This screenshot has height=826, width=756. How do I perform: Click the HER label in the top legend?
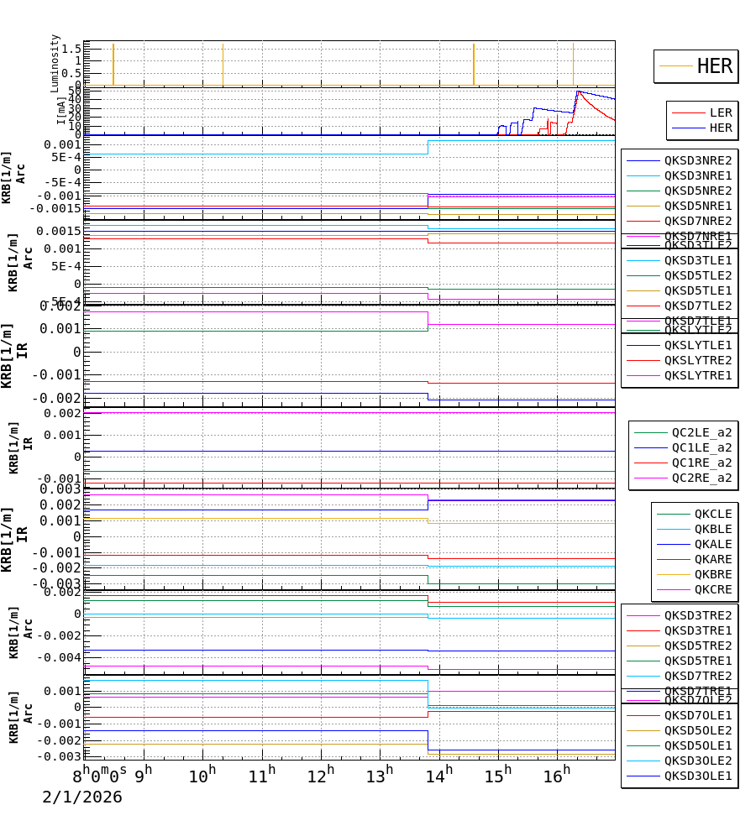[714, 66]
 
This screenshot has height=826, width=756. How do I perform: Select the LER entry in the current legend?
[720, 112]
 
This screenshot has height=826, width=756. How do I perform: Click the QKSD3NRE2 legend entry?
[697, 160]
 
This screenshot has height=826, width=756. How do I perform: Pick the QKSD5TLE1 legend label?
[697, 290]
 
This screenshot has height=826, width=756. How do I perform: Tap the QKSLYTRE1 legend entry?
[697, 375]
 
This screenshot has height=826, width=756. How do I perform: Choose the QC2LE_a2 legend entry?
[701, 433]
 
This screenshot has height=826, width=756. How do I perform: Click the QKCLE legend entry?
[712, 514]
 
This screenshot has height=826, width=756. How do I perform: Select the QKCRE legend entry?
[712, 589]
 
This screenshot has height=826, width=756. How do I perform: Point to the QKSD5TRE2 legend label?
[697, 646]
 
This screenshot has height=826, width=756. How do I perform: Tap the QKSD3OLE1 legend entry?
[697, 776]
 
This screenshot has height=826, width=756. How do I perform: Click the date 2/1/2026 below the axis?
[82, 797]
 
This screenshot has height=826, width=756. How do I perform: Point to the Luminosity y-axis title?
[55, 63]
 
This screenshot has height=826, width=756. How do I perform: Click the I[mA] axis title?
[61, 110]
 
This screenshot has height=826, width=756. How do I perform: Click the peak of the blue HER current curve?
[577, 91]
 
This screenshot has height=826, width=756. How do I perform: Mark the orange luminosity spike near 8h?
[113, 63]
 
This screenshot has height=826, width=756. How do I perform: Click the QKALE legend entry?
[712, 544]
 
